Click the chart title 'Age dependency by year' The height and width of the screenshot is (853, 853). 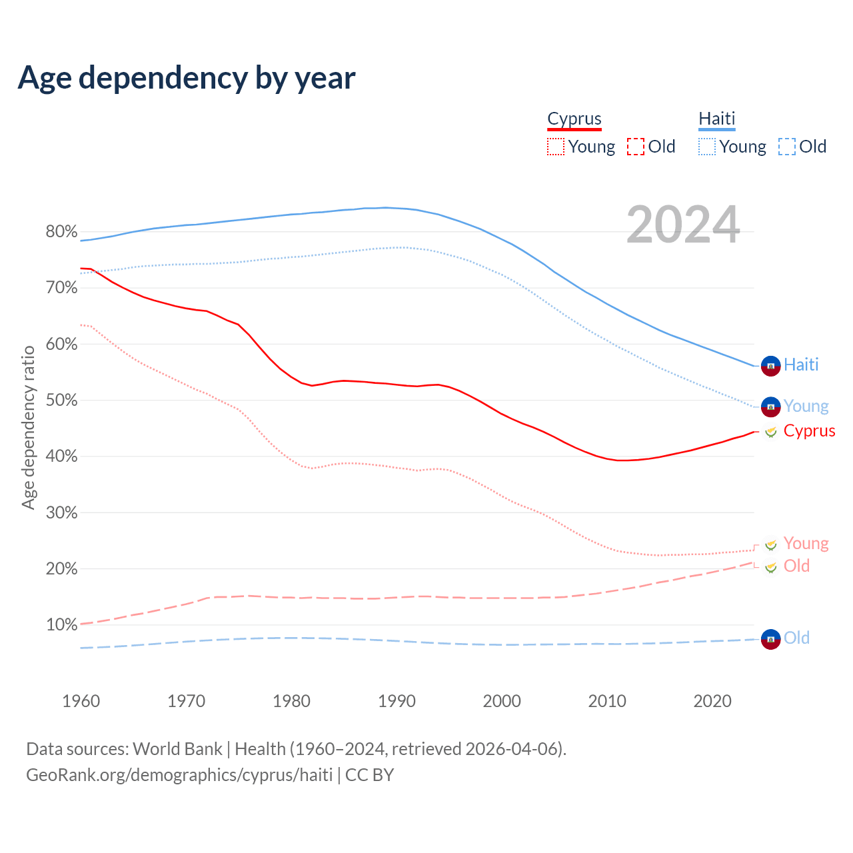click(x=187, y=78)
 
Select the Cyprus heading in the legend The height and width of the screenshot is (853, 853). click(x=574, y=119)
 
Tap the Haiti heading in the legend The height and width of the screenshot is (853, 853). click(x=716, y=119)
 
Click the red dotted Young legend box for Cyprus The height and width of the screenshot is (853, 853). click(x=556, y=147)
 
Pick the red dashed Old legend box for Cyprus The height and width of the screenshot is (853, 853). click(x=636, y=147)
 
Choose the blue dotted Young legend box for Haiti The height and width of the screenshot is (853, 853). click(x=707, y=147)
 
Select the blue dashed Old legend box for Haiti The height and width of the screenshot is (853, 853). click(x=787, y=147)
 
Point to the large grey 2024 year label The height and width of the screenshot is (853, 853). click(x=683, y=225)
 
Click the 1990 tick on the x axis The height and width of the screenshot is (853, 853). click(x=397, y=701)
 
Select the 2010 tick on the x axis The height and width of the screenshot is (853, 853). click(x=607, y=701)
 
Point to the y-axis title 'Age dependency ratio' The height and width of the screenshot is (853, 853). click(x=28, y=427)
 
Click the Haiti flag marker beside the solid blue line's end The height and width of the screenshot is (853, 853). click(x=770, y=366)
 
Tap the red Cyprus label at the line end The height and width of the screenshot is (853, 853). click(x=809, y=430)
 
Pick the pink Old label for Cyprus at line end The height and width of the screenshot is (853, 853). click(x=796, y=566)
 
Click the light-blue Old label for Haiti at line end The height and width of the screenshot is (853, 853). click(x=796, y=638)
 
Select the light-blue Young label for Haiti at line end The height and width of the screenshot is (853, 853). click(x=806, y=406)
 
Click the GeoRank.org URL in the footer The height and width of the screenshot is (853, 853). click(x=179, y=775)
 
